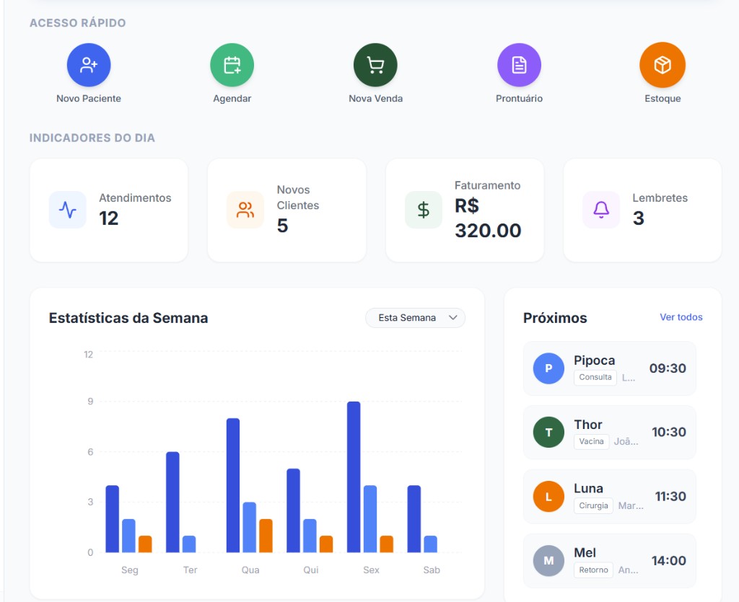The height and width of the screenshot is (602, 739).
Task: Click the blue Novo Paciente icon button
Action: coord(89,65)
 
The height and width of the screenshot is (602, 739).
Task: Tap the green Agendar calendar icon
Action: coord(232,65)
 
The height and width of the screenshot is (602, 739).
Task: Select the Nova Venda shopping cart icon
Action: coord(375,65)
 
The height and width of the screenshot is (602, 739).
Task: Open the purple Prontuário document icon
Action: coord(519,65)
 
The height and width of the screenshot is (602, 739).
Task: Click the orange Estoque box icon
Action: coord(662,65)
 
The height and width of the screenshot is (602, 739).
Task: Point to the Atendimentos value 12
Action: coord(109,218)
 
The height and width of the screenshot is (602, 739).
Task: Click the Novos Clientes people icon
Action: coord(245,210)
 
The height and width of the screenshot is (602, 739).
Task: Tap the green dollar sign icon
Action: coord(424,210)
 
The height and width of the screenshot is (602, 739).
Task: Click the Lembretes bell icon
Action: coord(601,210)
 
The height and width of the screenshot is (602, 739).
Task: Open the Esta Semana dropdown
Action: coord(416,318)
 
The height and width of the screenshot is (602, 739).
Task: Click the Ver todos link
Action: coord(681,317)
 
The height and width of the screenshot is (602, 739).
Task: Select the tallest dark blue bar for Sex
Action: coord(354,477)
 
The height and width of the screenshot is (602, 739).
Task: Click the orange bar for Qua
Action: coord(266,536)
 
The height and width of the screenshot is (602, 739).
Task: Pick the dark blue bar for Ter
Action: coord(172,502)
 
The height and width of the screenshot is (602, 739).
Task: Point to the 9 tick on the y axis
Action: coord(90,402)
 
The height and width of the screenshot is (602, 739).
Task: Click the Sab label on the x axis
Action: coord(432,570)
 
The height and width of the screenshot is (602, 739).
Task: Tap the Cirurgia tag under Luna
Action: coord(593,506)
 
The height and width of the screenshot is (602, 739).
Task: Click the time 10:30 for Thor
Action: coord(668,433)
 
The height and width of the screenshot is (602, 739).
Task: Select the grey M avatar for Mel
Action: coord(548,561)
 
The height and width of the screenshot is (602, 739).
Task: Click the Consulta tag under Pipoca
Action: coord(595,378)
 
